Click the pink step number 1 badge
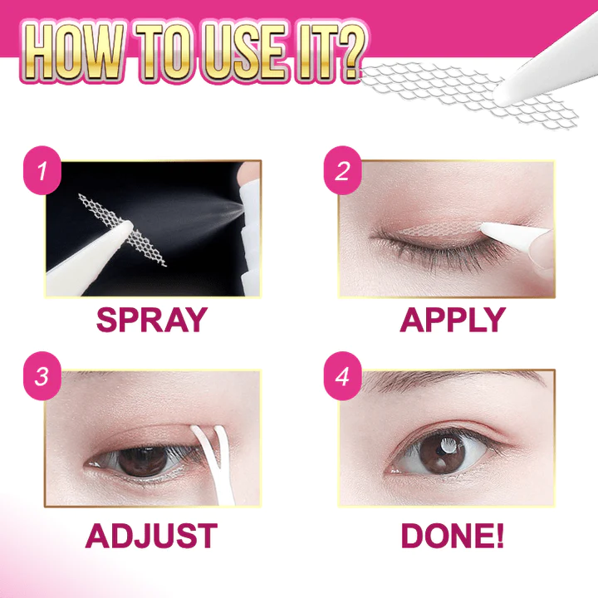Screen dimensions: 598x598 42,170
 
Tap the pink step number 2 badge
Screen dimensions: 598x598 342,170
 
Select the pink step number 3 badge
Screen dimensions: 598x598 42,375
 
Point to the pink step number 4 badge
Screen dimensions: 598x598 342,375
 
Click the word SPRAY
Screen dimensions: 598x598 152,320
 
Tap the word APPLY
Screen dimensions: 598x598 453,320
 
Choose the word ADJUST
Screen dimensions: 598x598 151,536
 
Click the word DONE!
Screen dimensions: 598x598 453,536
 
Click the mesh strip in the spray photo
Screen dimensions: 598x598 121,229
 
